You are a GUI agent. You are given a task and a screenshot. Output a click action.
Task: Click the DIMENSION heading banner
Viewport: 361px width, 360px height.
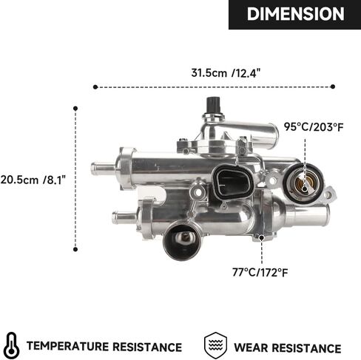click(294, 14)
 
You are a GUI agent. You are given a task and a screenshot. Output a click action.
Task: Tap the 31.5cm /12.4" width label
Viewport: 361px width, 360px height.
click(226, 73)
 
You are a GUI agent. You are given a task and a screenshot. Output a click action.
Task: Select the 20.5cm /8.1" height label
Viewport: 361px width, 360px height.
click(33, 180)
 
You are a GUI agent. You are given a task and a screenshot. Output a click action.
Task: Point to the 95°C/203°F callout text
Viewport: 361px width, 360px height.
click(314, 127)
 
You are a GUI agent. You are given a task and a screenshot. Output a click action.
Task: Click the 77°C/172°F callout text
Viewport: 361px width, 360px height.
click(260, 273)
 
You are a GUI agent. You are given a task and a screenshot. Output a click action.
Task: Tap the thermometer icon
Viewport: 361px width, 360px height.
click(12, 345)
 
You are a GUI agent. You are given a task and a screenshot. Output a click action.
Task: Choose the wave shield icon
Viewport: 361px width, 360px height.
click(215, 345)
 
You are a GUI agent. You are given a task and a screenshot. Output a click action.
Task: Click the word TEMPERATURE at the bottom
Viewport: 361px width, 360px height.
click(67, 346)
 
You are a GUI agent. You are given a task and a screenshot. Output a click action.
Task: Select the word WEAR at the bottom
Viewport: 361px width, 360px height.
click(251, 347)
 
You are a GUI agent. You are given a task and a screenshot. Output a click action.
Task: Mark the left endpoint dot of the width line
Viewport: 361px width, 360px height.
click(95, 87)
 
